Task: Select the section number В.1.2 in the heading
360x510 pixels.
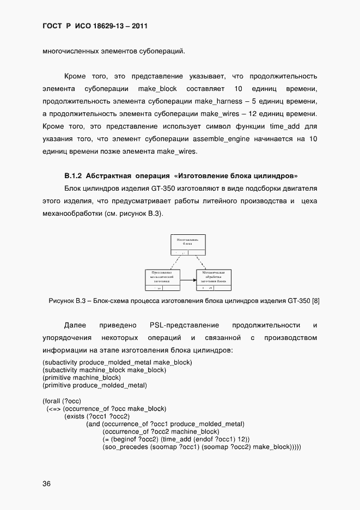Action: point(74,176)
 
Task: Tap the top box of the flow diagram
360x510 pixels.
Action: point(188,245)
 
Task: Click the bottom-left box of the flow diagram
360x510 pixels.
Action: point(162,278)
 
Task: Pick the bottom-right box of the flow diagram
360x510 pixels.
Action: point(213,278)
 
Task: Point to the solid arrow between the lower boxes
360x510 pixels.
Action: point(188,280)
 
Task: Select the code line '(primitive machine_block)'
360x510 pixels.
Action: point(82,378)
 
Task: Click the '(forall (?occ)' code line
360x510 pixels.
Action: point(62,401)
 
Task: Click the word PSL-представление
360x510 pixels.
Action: point(184,325)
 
